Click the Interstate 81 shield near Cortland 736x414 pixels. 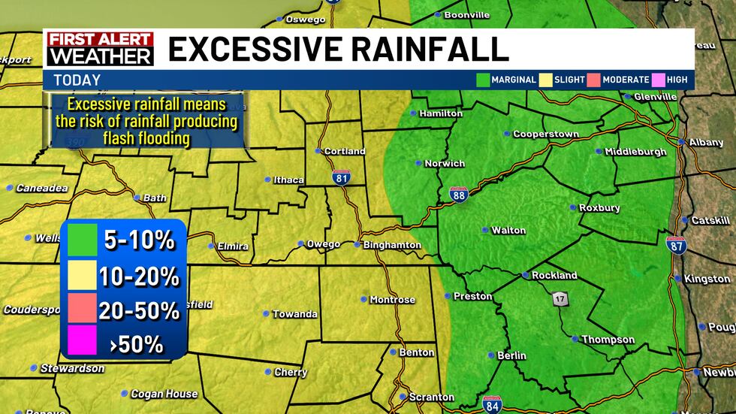tap(340, 177)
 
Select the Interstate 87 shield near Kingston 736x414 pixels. tap(675, 244)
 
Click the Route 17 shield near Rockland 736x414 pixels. tap(560, 298)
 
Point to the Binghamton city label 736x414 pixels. tap(392, 245)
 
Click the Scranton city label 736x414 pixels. tap(431, 397)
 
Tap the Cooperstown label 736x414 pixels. tap(545, 134)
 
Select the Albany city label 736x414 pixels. tap(708, 142)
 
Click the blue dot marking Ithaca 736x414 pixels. tap(267, 180)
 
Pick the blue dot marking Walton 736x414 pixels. tap(485, 231)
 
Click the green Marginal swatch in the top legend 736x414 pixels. tap(483, 80)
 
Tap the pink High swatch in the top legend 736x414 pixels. tap(659, 80)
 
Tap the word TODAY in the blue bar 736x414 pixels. tap(77, 80)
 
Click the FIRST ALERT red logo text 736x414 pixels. tap(100, 40)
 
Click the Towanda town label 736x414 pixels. tap(294, 314)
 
